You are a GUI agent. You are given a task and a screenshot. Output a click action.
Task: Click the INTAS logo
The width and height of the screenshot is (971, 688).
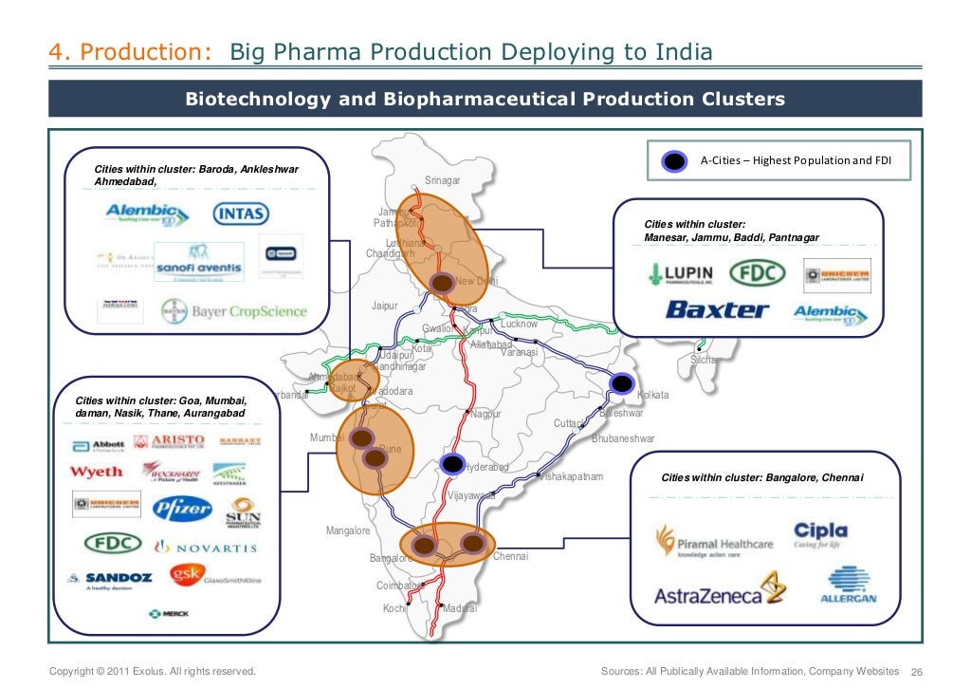pyautogui.click(x=242, y=214)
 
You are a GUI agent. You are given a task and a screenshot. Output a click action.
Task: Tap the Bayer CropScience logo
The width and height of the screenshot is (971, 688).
pyautogui.click(x=234, y=311)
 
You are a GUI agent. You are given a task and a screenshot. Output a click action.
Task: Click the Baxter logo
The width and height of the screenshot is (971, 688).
pyautogui.click(x=717, y=309)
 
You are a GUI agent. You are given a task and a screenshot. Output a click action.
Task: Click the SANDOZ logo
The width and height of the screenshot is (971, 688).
pyautogui.click(x=108, y=579)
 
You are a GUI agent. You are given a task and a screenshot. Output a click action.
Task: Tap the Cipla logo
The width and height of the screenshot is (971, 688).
pyautogui.click(x=821, y=535)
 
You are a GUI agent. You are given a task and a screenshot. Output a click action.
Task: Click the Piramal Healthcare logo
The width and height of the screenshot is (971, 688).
pyautogui.click(x=714, y=544)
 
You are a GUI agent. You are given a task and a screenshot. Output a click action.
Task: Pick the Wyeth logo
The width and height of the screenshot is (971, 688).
pyautogui.click(x=96, y=472)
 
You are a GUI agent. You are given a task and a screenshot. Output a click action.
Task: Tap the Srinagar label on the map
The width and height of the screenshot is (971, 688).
pyautogui.click(x=442, y=180)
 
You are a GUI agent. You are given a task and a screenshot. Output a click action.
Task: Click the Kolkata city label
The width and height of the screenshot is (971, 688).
pyautogui.click(x=653, y=395)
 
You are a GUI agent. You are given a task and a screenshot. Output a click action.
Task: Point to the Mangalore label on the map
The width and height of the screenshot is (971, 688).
pyautogui.click(x=348, y=531)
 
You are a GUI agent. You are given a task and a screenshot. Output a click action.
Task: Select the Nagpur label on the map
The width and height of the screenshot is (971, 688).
pyautogui.click(x=485, y=415)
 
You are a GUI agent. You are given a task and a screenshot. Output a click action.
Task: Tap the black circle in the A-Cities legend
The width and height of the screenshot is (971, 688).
pyautogui.click(x=674, y=161)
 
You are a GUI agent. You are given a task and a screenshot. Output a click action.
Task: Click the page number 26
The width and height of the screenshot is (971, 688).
pyautogui.click(x=916, y=672)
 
